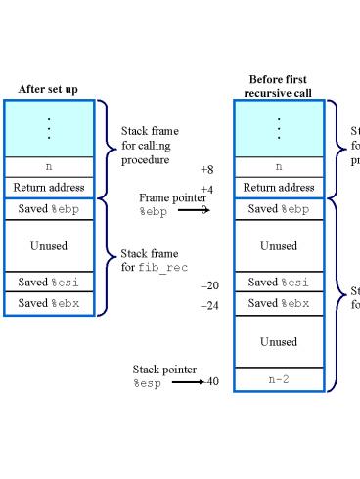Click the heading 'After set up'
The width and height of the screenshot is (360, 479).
click(49, 89)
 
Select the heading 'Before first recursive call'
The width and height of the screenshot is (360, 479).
click(278, 86)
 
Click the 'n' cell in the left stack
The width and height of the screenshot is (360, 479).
click(49, 167)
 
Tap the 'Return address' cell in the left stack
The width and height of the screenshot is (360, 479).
click(49, 187)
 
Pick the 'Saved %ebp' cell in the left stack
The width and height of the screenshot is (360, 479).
click(49, 208)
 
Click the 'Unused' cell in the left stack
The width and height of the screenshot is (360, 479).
click(49, 246)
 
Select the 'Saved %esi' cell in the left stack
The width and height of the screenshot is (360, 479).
click(49, 283)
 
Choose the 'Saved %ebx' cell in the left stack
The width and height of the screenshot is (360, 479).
click(49, 304)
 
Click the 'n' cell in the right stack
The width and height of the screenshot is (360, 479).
click(279, 167)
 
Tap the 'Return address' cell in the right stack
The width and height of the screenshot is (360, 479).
click(279, 187)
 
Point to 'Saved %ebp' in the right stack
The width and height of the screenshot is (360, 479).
click(279, 208)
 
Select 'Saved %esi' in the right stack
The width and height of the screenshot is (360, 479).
click(279, 283)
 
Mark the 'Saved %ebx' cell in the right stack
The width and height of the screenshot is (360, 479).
click(279, 303)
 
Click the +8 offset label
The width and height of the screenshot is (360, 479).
click(206, 169)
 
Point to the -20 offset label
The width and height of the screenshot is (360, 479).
click(209, 285)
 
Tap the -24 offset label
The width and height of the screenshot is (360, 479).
click(209, 305)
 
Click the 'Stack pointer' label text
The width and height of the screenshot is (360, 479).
click(164, 369)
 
